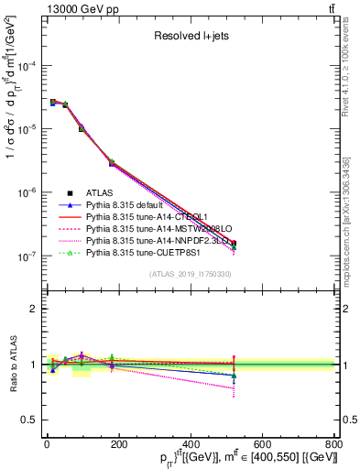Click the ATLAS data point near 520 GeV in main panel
234,244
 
